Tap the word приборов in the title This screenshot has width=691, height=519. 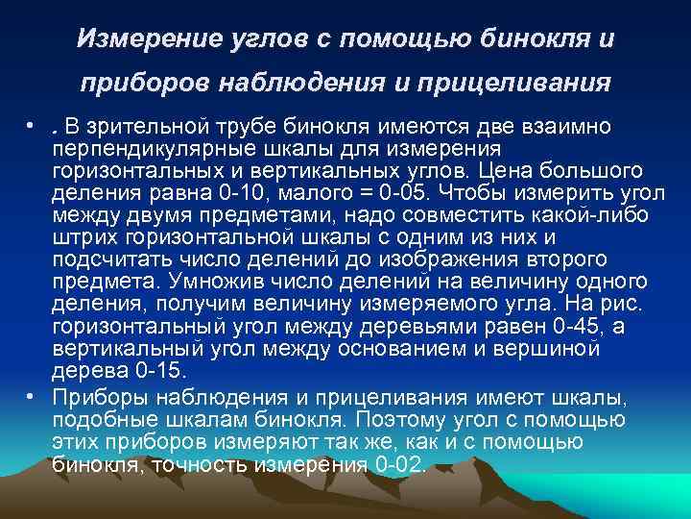131,84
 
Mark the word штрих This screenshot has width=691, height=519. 83,236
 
